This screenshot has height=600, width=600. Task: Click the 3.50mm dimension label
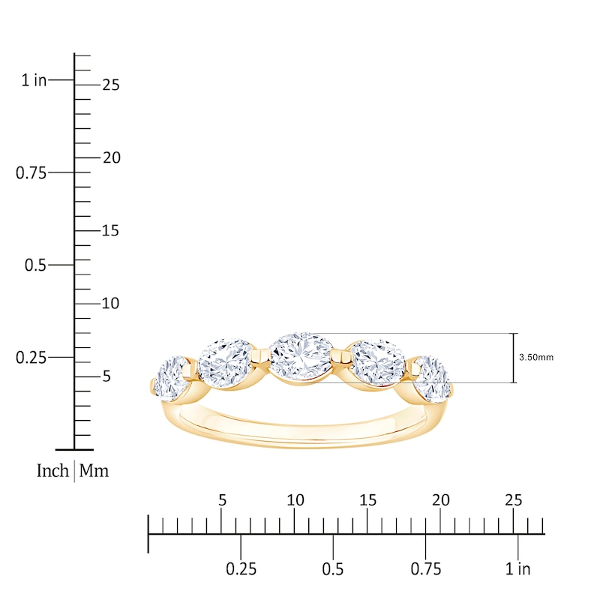coord(535,358)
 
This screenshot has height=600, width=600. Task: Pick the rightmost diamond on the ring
coord(432,377)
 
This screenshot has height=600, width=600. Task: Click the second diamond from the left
coord(225,363)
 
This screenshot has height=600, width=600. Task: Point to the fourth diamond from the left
coord(378,363)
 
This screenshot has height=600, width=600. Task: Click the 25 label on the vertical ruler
coord(111,85)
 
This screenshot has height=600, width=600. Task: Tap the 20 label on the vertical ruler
coord(111,158)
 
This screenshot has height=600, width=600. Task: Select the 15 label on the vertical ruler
coord(111,231)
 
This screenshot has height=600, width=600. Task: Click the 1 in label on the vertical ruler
coord(34,80)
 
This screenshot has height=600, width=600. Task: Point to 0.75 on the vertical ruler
coord(31,173)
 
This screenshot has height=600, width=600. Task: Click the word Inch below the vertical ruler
coord(52,471)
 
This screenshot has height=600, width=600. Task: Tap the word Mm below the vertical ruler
coord(94,471)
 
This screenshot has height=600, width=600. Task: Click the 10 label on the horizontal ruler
coord(295,500)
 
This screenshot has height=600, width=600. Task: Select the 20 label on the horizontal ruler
coord(441,500)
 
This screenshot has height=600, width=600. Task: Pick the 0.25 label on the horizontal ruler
coord(241,569)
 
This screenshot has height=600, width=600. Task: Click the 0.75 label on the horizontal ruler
coord(425,569)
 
